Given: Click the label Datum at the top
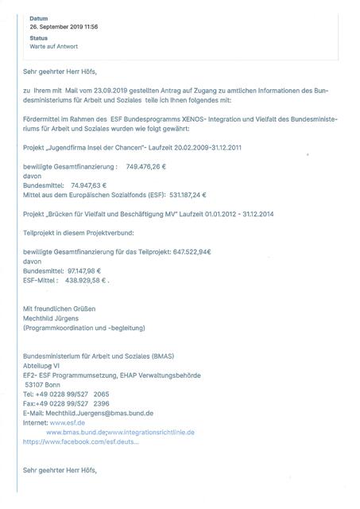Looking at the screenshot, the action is click(x=38, y=17).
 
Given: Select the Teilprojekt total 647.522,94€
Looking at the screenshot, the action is click(x=197, y=251).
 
